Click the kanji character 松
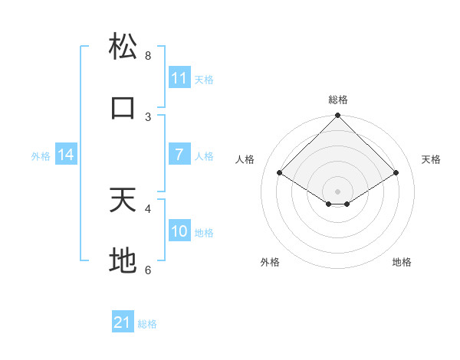123,47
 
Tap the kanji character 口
123,108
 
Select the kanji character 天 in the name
123,200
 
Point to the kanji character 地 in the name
123,261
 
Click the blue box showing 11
179,78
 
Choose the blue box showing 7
179,155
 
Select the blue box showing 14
66,155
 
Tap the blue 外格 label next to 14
41,155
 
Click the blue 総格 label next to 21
147,324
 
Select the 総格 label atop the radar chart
338,100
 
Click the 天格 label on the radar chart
431,159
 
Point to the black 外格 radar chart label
270,262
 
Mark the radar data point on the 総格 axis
338,116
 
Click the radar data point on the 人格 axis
280,172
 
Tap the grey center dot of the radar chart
338,191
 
